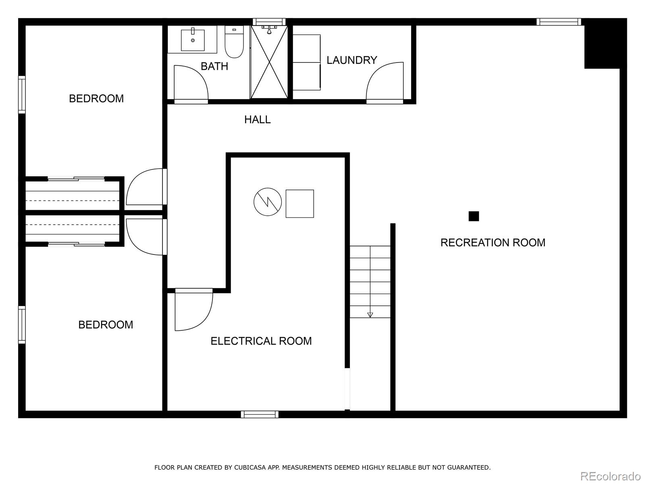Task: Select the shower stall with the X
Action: [269, 62]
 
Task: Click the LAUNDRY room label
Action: [352, 60]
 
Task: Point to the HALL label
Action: [257, 119]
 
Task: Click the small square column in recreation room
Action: [474, 216]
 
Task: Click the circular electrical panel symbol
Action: [268, 202]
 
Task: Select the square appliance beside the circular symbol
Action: [300, 204]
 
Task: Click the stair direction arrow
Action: [370, 315]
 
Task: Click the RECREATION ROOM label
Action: [493, 242]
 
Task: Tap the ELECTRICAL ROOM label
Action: [261, 341]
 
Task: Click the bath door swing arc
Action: [191, 82]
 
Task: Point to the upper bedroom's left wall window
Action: [22, 94]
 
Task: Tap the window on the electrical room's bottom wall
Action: [260, 414]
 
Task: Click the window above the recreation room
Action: [559, 22]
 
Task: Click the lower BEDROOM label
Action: [106, 325]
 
